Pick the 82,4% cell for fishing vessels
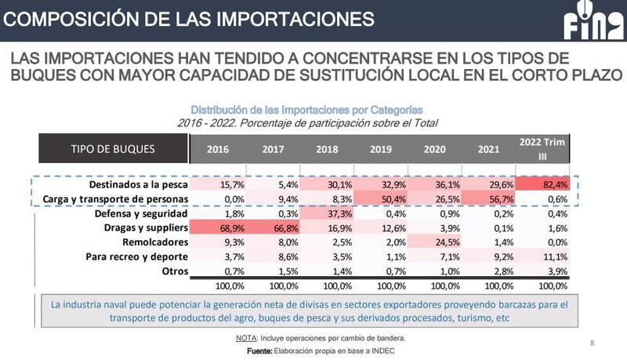coord(545,184)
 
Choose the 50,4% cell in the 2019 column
coord(380,198)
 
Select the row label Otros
coord(172,270)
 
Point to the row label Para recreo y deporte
coord(132,256)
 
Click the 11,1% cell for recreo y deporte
coord(545,256)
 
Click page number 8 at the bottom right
coord(592,343)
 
